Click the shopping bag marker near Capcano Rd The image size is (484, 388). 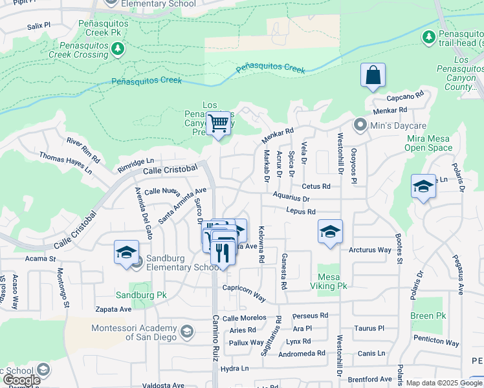373,75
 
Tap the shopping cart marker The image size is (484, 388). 219,122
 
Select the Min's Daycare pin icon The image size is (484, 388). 360,124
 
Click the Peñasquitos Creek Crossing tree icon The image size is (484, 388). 117,48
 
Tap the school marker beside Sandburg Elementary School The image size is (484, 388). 126,252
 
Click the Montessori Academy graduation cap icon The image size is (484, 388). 187,332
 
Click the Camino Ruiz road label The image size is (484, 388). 216,338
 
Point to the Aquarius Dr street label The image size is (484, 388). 291,196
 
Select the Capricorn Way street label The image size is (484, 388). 244,292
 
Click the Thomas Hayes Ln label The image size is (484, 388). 65,163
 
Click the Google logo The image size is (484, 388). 21,380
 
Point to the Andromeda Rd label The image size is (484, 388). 302,354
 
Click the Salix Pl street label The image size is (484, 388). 39,27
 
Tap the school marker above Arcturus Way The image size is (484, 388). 330,232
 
